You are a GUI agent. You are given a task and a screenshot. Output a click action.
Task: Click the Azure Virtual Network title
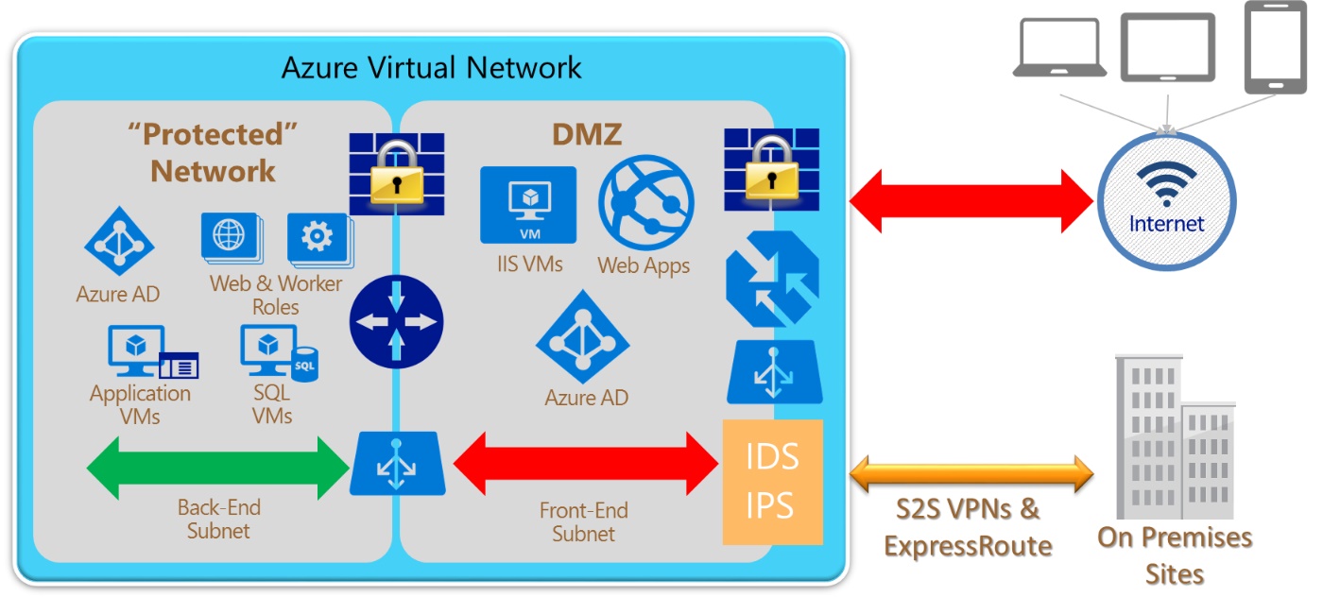431,68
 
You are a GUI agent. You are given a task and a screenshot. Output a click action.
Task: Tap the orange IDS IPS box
772,482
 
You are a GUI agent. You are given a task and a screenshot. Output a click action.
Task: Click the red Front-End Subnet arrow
586,463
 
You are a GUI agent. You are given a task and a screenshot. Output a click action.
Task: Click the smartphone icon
1275,47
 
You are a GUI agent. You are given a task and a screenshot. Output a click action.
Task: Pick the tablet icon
1167,48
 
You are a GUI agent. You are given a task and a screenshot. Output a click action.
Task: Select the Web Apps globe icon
646,202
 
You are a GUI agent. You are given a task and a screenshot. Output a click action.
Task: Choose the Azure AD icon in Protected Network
119,241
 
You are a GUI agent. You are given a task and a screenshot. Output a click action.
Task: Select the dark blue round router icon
394,322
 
